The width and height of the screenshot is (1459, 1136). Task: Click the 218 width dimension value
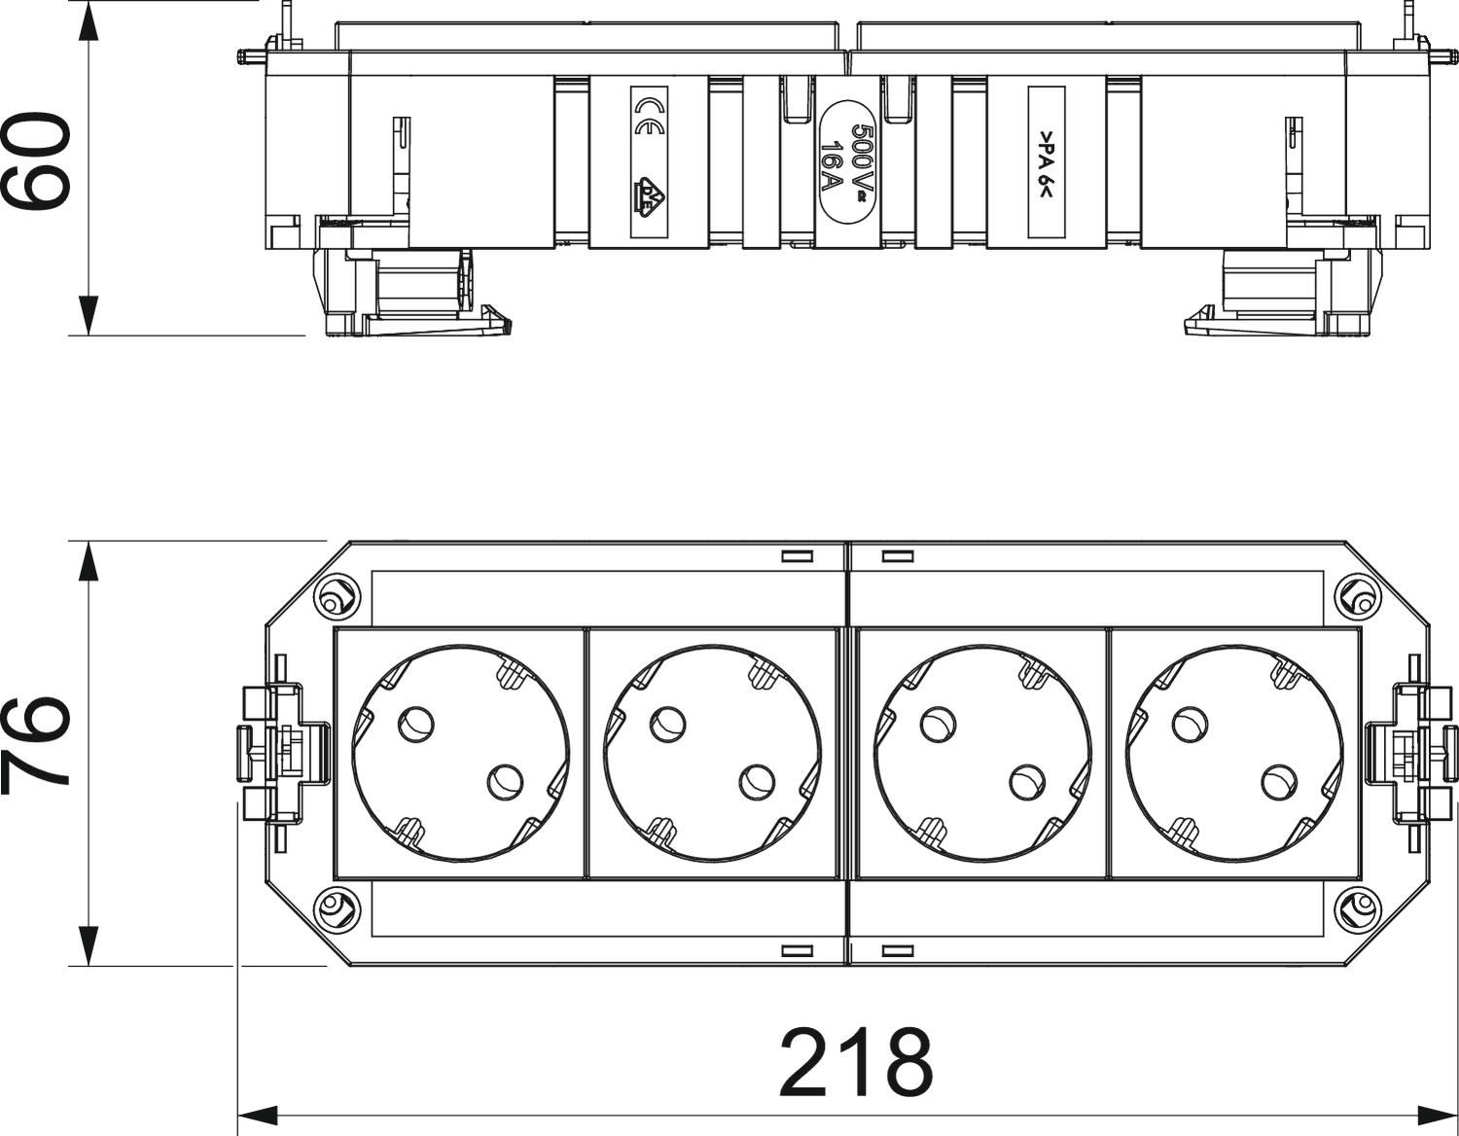point(856,1063)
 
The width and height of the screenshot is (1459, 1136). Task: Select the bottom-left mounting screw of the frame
point(332,909)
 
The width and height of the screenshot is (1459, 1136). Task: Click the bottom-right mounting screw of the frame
point(1356,909)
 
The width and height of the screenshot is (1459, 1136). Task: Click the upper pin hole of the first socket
point(416,722)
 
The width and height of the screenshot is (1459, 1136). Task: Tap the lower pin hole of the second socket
point(756,781)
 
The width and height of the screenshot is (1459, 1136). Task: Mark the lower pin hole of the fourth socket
point(1277,781)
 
